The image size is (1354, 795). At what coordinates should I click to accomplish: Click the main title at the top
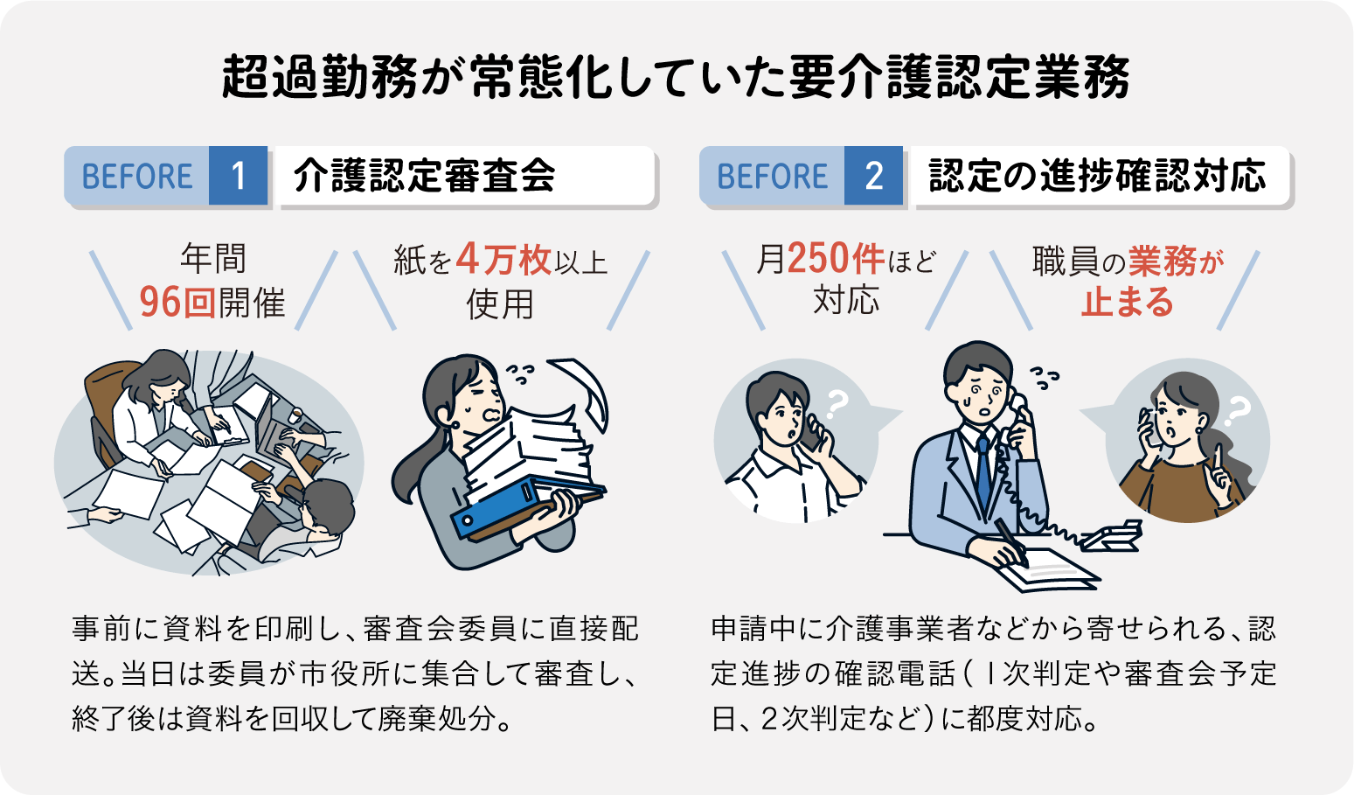click(x=676, y=77)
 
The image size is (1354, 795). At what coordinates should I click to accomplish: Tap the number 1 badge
click(x=238, y=176)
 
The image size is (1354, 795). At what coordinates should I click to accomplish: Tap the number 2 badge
click(x=873, y=176)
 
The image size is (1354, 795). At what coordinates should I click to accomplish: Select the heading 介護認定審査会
click(x=425, y=176)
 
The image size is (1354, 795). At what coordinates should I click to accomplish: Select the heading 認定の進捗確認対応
click(x=1097, y=176)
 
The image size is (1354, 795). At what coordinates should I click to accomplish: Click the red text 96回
click(x=171, y=303)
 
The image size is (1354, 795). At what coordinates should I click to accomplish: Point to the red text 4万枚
click(x=503, y=260)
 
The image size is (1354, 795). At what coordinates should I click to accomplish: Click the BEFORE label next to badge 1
click(x=137, y=176)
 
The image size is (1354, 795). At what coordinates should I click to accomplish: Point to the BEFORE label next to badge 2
click(x=772, y=176)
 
